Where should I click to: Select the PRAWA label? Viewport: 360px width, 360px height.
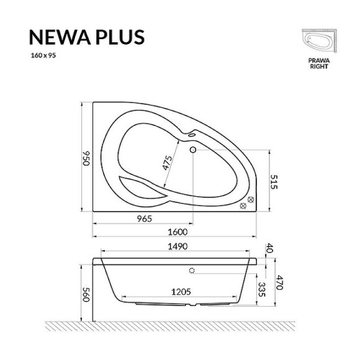[x=318, y=60]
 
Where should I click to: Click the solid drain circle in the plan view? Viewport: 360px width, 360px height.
[x=192, y=149]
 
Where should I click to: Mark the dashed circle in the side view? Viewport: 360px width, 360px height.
[x=192, y=271]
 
